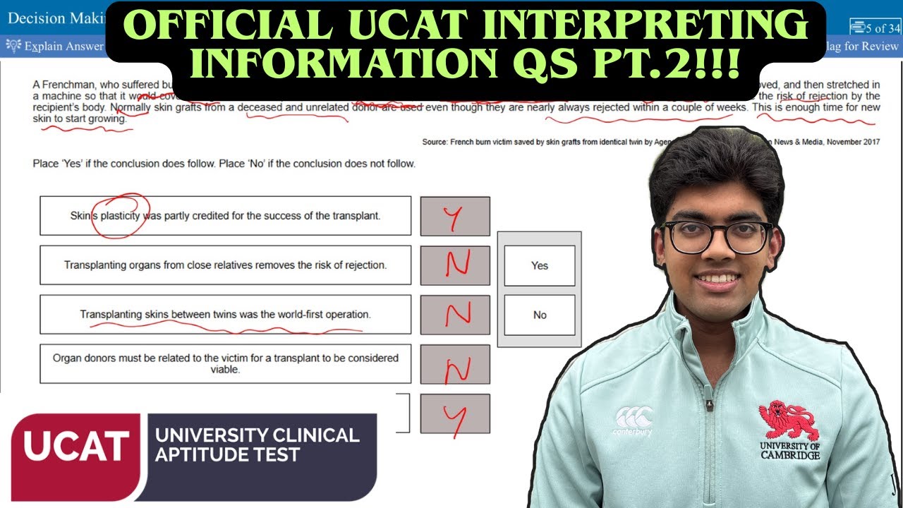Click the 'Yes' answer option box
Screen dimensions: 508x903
540,266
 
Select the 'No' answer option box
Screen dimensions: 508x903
540,315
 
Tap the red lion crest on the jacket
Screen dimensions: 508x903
789,421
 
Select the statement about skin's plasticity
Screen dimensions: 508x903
225,216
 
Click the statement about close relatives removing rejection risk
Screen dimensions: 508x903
225,265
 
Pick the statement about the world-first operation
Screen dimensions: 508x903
225,315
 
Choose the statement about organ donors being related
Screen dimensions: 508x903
225,363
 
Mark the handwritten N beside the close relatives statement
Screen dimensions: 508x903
455,266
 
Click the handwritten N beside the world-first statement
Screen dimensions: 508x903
455,315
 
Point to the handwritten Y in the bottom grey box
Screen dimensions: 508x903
454,415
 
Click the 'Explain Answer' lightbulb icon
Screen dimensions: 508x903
13,47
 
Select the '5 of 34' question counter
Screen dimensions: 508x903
875,28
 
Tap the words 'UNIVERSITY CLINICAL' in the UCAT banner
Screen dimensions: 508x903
257,435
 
